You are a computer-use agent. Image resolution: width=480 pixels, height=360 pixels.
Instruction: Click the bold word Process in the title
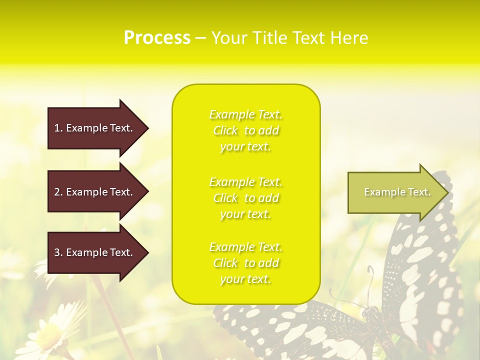157,38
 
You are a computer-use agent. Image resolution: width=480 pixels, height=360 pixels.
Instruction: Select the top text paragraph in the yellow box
245,130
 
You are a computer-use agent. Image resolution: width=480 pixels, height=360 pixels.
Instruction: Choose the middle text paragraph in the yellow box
245,198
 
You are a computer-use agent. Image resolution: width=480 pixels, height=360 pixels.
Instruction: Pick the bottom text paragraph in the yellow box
245,263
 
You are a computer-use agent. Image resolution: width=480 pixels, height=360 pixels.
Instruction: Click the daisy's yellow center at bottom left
50,332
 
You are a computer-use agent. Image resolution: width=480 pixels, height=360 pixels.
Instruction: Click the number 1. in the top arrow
58,128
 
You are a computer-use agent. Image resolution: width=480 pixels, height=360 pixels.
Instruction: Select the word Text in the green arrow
419,192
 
